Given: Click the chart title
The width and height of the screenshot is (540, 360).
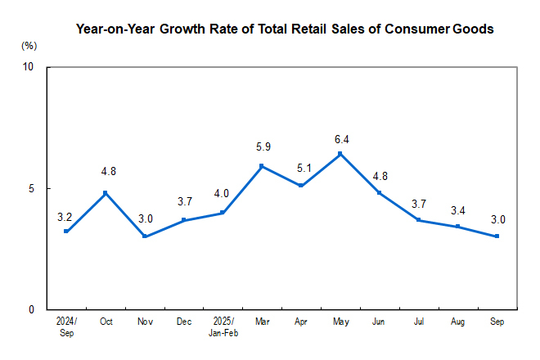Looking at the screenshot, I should (285, 29).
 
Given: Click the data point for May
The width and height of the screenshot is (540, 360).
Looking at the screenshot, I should (340, 154).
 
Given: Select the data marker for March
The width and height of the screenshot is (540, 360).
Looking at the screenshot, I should (262, 166).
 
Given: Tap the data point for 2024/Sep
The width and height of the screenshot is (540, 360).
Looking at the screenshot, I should (66, 232).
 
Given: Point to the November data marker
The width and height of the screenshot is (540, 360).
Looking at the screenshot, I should (145, 236).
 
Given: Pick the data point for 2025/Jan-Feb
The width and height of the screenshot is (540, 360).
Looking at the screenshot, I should (223, 213).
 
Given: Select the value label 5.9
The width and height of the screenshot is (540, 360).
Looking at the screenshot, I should (262, 147).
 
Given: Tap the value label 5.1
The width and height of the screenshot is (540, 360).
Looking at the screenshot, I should (301, 167).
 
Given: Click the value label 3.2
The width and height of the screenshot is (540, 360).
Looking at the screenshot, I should (65, 217).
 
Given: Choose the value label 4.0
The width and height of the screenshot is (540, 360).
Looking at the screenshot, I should (223, 194).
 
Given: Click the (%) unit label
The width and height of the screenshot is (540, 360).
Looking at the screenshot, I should (29, 46).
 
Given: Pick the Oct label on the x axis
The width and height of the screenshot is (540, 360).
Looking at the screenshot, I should (106, 322).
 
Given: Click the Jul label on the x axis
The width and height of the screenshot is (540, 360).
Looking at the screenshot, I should (418, 322).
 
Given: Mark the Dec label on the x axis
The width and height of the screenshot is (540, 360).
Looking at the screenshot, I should (183, 322).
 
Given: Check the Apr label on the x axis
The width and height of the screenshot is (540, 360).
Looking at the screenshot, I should (301, 322).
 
